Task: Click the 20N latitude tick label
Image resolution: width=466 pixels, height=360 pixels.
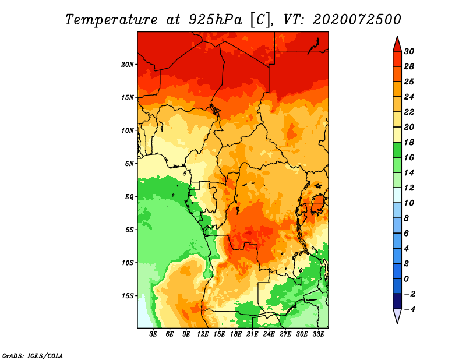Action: coord(128,64)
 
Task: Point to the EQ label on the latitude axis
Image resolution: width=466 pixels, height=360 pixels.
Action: coord(129,197)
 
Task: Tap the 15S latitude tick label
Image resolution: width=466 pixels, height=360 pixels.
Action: coord(128,296)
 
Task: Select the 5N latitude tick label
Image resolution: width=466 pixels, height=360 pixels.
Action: coord(129,164)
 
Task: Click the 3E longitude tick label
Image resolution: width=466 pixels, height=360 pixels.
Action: coord(154,334)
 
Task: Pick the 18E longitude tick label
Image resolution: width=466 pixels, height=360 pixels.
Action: coord(236,334)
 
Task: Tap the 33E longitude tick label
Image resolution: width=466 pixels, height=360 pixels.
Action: coord(319,334)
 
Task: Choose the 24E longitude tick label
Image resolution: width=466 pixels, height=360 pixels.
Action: coord(269,334)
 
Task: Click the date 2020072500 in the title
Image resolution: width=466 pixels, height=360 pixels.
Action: coord(357,20)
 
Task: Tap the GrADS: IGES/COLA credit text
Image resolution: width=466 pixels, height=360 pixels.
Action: coord(32,355)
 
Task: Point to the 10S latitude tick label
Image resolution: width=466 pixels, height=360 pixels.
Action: coord(128,263)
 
